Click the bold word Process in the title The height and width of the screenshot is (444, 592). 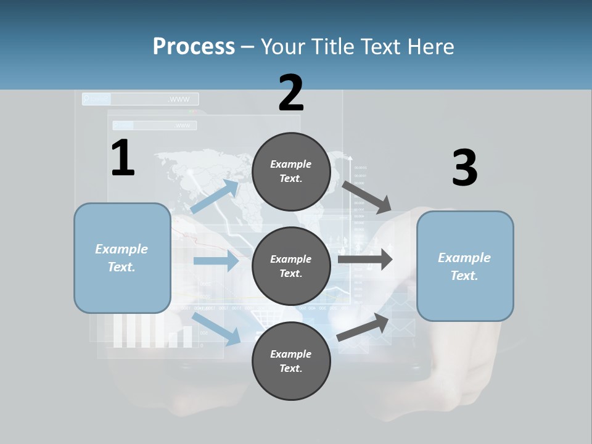click(x=194, y=46)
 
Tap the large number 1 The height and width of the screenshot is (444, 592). click(x=123, y=158)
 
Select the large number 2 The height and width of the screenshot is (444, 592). click(x=291, y=93)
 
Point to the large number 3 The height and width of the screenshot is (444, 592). click(x=464, y=168)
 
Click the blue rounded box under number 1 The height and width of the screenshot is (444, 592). click(x=122, y=258)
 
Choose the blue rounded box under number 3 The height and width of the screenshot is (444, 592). click(x=465, y=266)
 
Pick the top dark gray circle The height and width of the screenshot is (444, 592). click(x=291, y=171)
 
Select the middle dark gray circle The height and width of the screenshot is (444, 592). click(x=291, y=266)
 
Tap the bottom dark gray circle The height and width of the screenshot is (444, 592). click(x=291, y=361)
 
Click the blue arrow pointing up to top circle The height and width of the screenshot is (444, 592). click(x=215, y=196)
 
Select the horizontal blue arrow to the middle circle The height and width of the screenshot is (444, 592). click(x=216, y=261)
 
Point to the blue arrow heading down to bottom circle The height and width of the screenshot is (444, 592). click(x=216, y=328)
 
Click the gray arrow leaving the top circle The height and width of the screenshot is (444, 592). click(x=367, y=197)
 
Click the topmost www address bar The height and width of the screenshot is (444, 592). click(x=141, y=99)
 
